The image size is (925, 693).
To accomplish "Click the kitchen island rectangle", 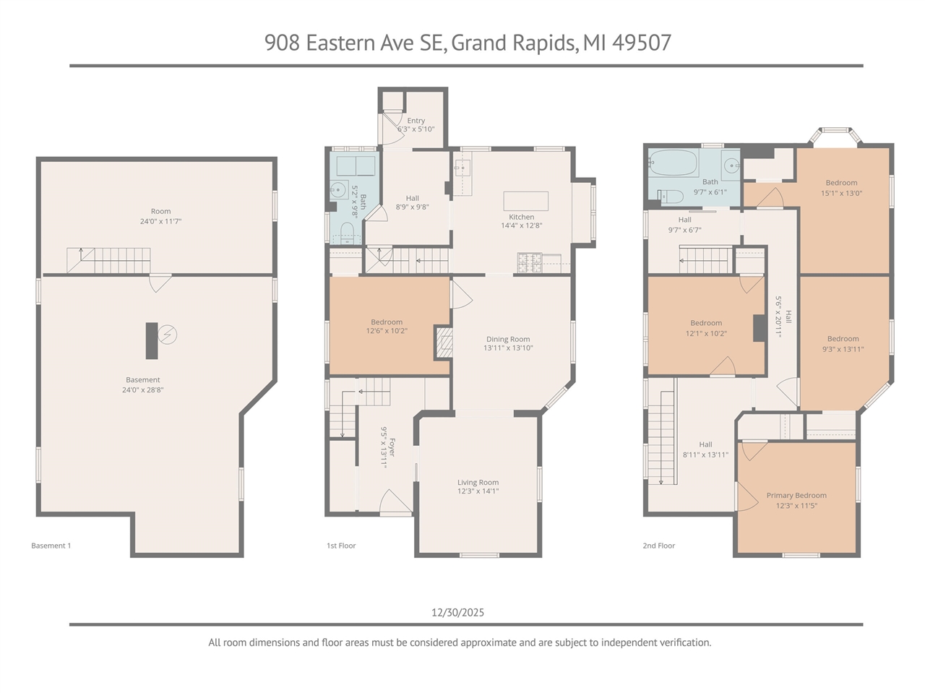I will click(x=525, y=200).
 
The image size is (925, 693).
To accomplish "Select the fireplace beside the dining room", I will click(x=443, y=343).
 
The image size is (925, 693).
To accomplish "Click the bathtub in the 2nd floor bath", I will click(x=673, y=164).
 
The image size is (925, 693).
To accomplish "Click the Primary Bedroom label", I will click(x=796, y=496).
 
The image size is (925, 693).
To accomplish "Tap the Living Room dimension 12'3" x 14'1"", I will click(x=478, y=491).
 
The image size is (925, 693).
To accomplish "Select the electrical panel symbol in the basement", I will click(x=168, y=335).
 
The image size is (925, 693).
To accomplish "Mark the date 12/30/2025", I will click(x=457, y=612).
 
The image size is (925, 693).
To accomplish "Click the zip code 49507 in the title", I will click(x=641, y=43).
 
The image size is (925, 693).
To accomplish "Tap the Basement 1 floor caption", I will click(x=51, y=546).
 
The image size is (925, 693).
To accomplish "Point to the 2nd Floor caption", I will click(x=658, y=546).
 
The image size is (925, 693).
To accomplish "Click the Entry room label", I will click(x=416, y=121).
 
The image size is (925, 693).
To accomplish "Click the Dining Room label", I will click(x=507, y=339).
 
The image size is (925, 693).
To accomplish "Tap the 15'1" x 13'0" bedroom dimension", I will click(x=841, y=193).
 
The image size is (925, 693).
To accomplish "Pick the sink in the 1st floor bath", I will click(x=337, y=191).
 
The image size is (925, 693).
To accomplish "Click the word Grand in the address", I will click(x=478, y=43).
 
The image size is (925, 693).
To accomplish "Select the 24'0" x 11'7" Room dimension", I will click(x=160, y=221).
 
